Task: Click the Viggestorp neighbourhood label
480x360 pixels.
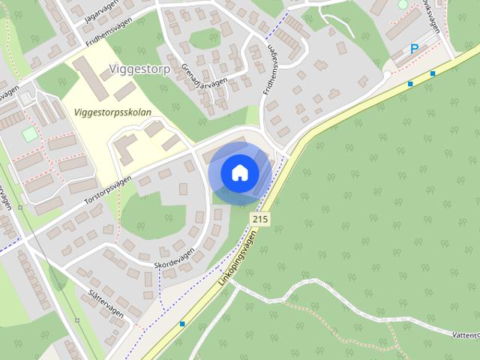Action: pos(139,70)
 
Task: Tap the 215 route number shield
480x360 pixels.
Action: pos(259,219)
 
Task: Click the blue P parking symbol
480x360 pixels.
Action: pos(414,49)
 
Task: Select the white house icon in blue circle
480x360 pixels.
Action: pos(239,172)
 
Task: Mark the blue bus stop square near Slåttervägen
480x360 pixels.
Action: pos(182,324)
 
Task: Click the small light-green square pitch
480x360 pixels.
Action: pos(29,134)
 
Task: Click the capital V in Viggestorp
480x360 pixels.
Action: pos(112,70)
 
